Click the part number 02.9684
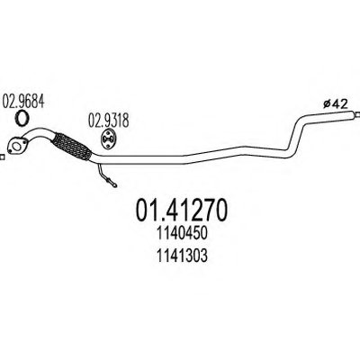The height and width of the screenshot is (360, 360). pyautogui.click(x=23, y=101)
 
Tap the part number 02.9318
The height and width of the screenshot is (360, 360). pyautogui.click(x=108, y=121)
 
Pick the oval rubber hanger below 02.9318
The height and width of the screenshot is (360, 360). pyautogui.click(x=108, y=139)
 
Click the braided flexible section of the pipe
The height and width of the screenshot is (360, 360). pyautogui.click(x=72, y=147)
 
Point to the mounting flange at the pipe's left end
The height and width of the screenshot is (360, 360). pyautogui.click(x=16, y=146)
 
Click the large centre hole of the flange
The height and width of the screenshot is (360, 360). pyautogui.click(x=17, y=146)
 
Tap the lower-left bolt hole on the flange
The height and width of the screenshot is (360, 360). pyautogui.click(x=10, y=150)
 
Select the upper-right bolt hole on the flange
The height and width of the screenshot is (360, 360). pyautogui.click(x=24, y=140)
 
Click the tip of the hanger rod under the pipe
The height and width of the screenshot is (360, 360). pyautogui.click(x=115, y=185)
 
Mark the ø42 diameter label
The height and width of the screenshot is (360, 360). pyautogui.click(x=336, y=104)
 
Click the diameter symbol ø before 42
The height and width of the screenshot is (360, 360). pyautogui.click(x=327, y=104)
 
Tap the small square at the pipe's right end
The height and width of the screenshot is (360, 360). pyautogui.click(x=357, y=114)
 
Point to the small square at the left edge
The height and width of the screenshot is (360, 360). pyautogui.click(x=2, y=157)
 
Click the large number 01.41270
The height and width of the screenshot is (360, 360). pyautogui.click(x=182, y=210)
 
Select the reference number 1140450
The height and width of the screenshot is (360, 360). pyautogui.click(x=182, y=233)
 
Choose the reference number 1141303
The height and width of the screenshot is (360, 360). pyautogui.click(x=182, y=256)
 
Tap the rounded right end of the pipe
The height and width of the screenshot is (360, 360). pyautogui.click(x=350, y=114)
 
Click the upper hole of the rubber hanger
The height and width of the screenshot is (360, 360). pyautogui.click(x=108, y=134)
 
